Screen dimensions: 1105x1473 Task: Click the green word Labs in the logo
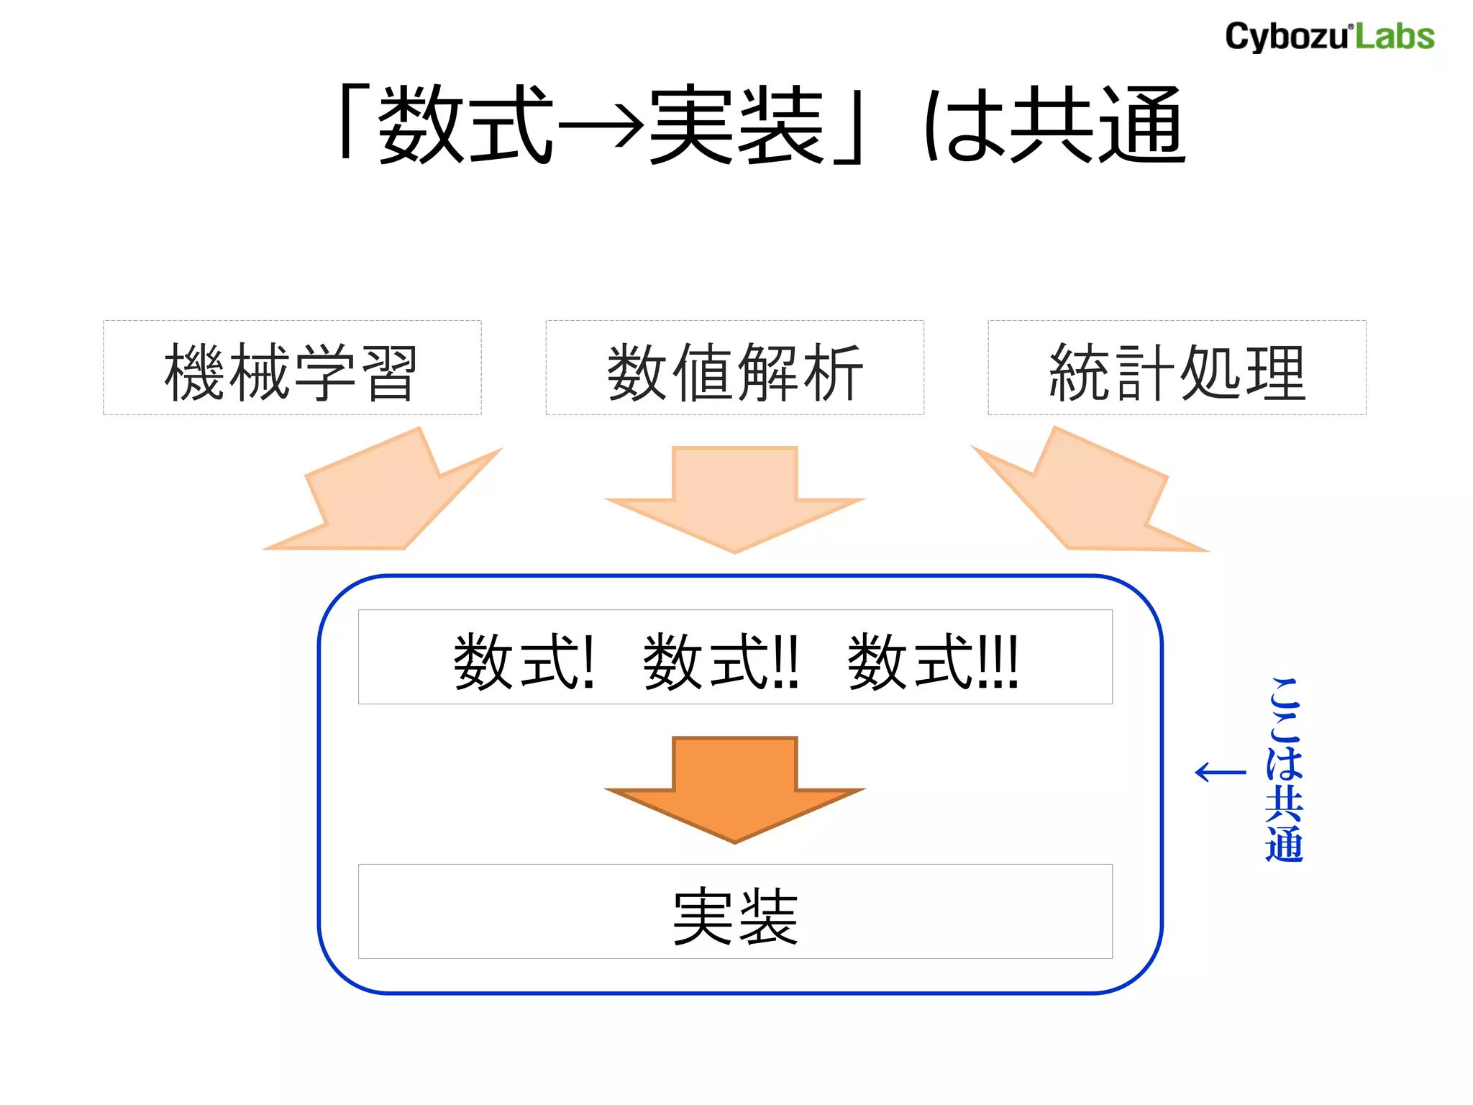pos(1395,37)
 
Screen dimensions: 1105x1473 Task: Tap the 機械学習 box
pos(292,368)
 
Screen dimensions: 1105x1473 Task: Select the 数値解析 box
pos(734,368)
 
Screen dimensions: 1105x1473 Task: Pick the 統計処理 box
pos(1177,368)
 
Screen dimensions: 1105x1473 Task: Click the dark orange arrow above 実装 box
pos(734,788)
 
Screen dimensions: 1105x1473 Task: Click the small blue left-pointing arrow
pos(1220,773)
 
